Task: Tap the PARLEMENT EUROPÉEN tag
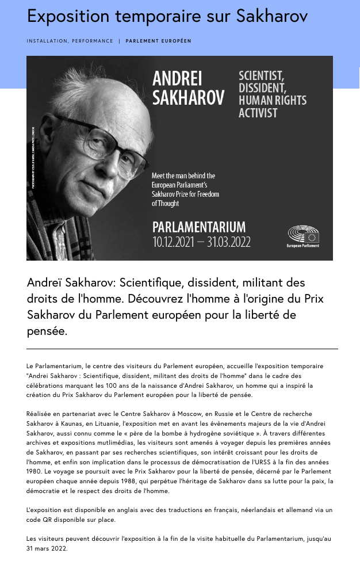[158, 41]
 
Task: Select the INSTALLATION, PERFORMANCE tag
[70, 41]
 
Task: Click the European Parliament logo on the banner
[303, 236]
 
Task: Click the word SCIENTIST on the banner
[261, 76]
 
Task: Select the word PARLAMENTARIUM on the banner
[199, 227]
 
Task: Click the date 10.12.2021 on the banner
[173, 242]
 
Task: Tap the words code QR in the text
[41, 520]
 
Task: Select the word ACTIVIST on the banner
[258, 113]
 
